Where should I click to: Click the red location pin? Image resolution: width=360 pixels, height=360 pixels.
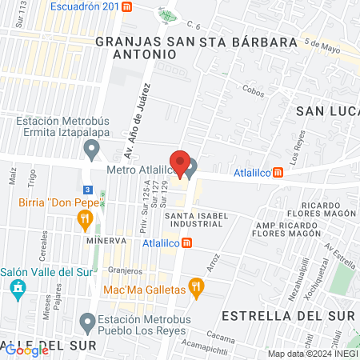181,164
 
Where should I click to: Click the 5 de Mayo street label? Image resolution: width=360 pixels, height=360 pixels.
322,49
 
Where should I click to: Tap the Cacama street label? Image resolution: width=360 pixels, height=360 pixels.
218,337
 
